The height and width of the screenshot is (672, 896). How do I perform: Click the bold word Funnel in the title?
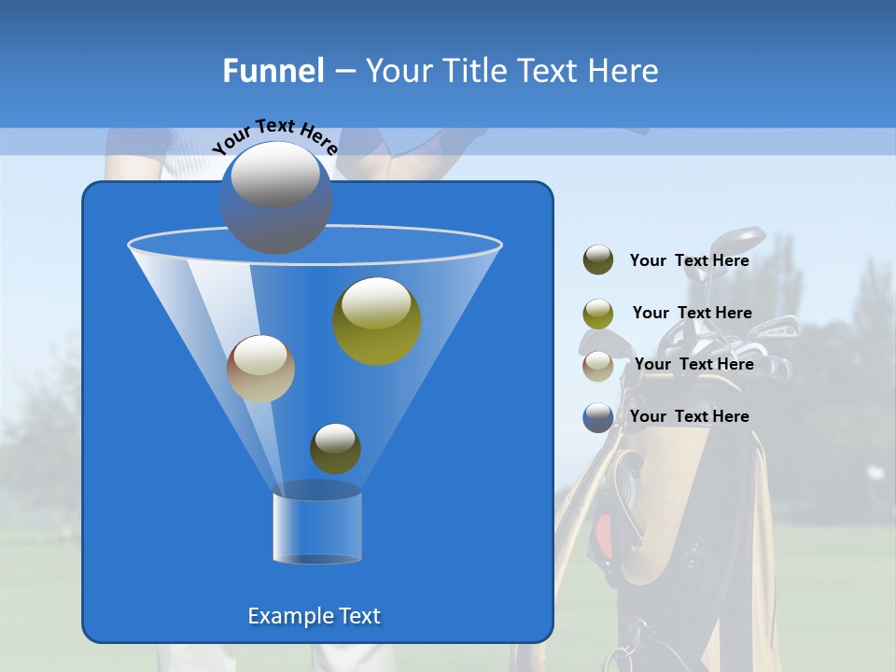273,71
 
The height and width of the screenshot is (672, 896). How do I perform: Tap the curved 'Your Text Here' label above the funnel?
274,135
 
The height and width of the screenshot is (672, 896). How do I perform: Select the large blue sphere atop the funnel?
275,197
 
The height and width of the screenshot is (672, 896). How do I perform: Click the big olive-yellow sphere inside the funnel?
377,320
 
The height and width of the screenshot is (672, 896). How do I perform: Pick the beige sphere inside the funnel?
260,369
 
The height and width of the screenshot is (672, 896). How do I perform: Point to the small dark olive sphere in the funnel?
335,449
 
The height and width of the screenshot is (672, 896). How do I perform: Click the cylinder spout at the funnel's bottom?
317,525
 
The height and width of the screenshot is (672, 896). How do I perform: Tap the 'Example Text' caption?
314,616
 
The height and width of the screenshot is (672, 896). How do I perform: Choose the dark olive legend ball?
598,260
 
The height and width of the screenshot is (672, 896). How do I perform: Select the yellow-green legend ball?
598,314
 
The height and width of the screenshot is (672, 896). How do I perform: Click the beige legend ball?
598,366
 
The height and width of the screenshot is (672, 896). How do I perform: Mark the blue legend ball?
598,417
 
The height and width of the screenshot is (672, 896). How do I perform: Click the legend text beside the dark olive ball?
689,261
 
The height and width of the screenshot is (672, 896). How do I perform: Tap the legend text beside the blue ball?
689,416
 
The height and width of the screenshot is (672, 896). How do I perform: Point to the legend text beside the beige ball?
693,364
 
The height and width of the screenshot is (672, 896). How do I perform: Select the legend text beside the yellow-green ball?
692,313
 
